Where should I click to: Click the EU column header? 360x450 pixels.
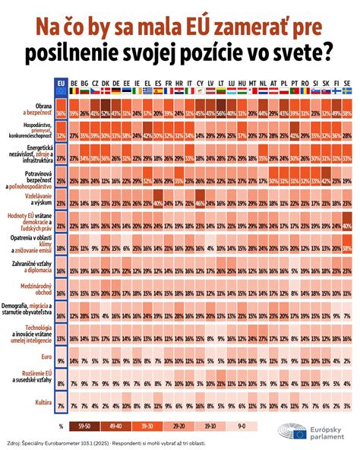click(62, 83)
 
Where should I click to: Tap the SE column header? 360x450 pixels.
click(346, 83)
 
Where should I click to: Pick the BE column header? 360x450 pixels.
click(74, 83)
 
